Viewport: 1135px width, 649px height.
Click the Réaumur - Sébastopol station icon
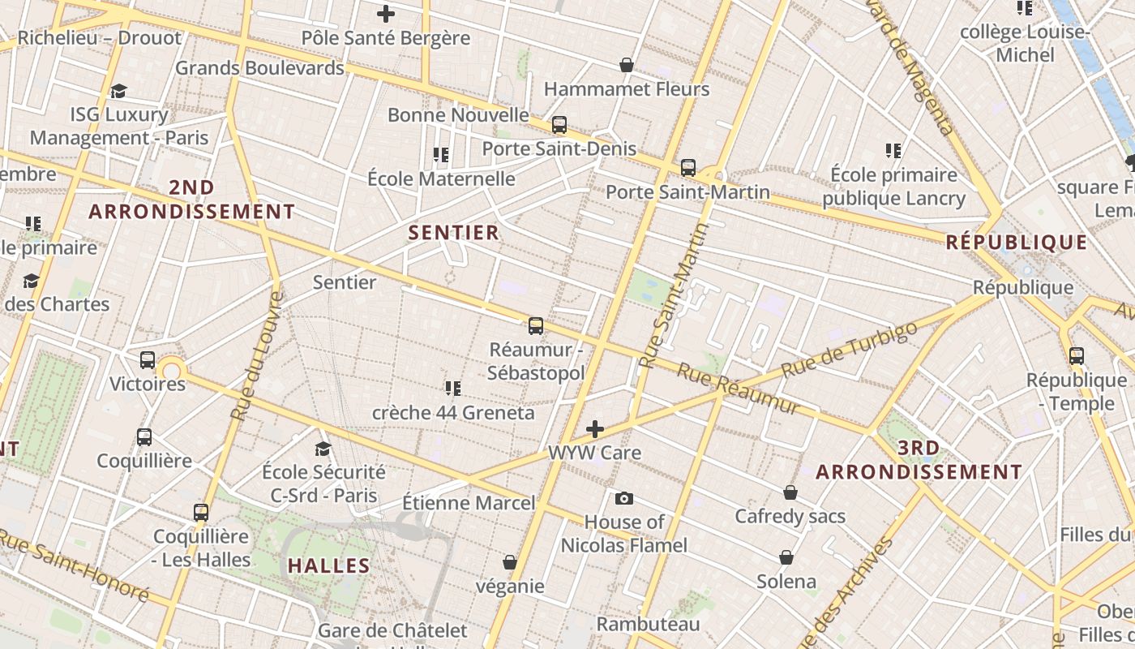pyautogui.click(x=536, y=326)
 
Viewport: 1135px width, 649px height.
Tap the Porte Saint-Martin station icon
pyautogui.click(x=688, y=168)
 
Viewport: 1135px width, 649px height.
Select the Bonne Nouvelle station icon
pyautogui.click(x=559, y=125)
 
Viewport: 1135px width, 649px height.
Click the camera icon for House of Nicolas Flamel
pyautogui.click(x=623, y=498)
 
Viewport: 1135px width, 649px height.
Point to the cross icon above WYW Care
pyautogui.click(x=595, y=429)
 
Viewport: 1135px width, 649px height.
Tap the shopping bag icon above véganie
pyautogui.click(x=510, y=562)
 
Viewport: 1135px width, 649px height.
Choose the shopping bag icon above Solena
pyautogui.click(x=786, y=557)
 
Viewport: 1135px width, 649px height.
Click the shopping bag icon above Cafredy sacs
pyautogui.click(x=790, y=492)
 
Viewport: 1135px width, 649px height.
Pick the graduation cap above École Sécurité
pyautogui.click(x=323, y=449)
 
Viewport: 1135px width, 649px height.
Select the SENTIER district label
pyautogui.click(x=453, y=233)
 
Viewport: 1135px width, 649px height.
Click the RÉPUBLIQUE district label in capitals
pyautogui.click(x=1017, y=242)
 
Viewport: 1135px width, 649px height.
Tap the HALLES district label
pyautogui.click(x=328, y=565)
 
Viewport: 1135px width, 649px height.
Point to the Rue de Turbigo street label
pyautogui.click(x=850, y=349)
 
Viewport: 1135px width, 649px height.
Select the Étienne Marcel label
pyautogui.click(x=469, y=503)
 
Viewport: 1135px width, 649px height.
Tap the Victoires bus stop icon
pyautogui.click(x=148, y=360)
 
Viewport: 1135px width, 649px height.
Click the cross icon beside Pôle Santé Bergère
pyautogui.click(x=386, y=14)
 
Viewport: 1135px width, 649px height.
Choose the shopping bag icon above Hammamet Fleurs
pyautogui.click(x=626, y=65)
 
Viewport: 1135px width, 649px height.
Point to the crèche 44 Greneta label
pyautogui.click(x=453, y=412)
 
